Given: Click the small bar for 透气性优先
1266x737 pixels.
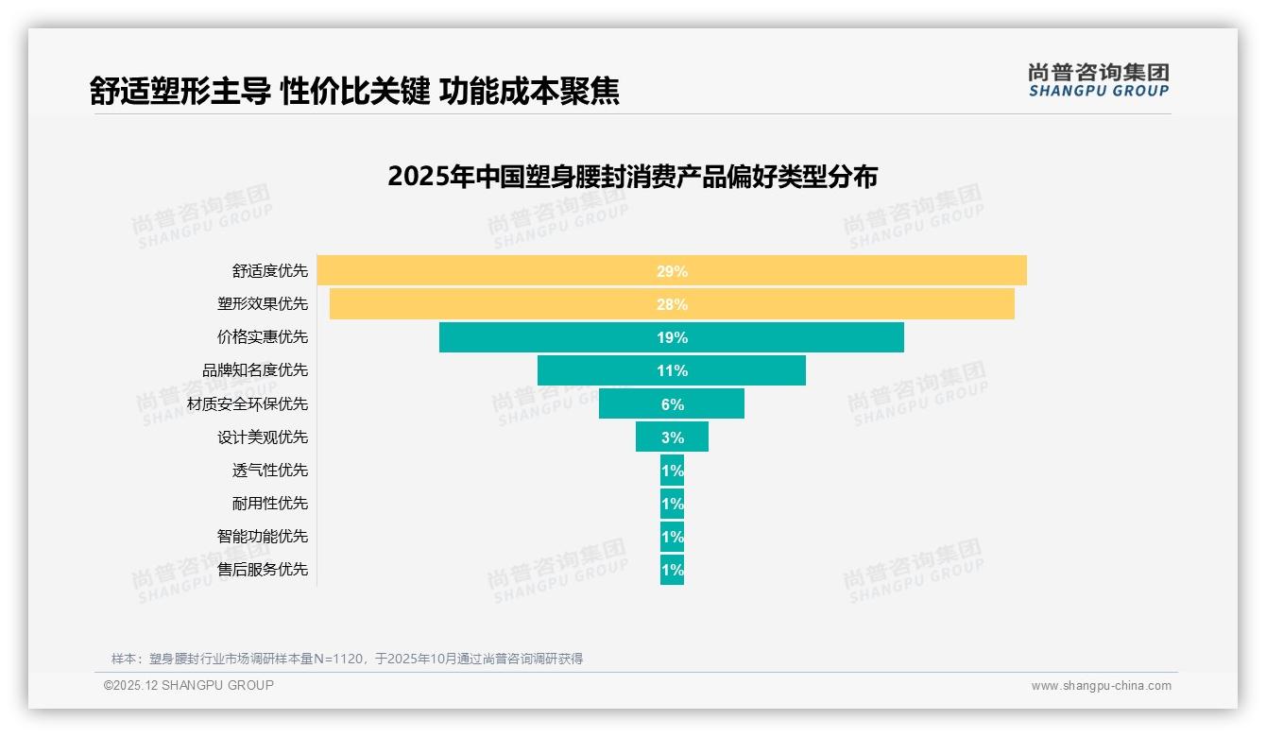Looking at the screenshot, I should (x=672, y=471).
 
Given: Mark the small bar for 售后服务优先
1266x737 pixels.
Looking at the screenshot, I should (x=672, y=570).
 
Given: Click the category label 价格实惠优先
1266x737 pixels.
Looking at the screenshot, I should (x=263, y=337).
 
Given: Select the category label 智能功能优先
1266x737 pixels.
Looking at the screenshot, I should (x=263, y=537).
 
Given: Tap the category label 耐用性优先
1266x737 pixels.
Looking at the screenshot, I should (x=270, y=504).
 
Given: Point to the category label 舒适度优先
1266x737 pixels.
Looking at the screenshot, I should (x=270, y=271).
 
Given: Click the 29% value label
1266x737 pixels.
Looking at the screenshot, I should (x=672, y=271).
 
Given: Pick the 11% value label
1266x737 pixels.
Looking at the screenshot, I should (x=672, y=370).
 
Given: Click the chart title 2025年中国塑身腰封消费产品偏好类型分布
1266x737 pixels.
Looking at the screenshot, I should (x=632, y=177).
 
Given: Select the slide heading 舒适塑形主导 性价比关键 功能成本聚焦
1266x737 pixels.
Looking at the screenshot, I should (x=354, y=91).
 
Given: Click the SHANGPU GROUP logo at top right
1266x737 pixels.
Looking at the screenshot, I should (x=1098, y=79).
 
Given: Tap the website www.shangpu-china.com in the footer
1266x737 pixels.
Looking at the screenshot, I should (x=1101, y=686).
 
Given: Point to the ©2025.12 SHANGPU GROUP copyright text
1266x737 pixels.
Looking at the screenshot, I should (x=189, y=686).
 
